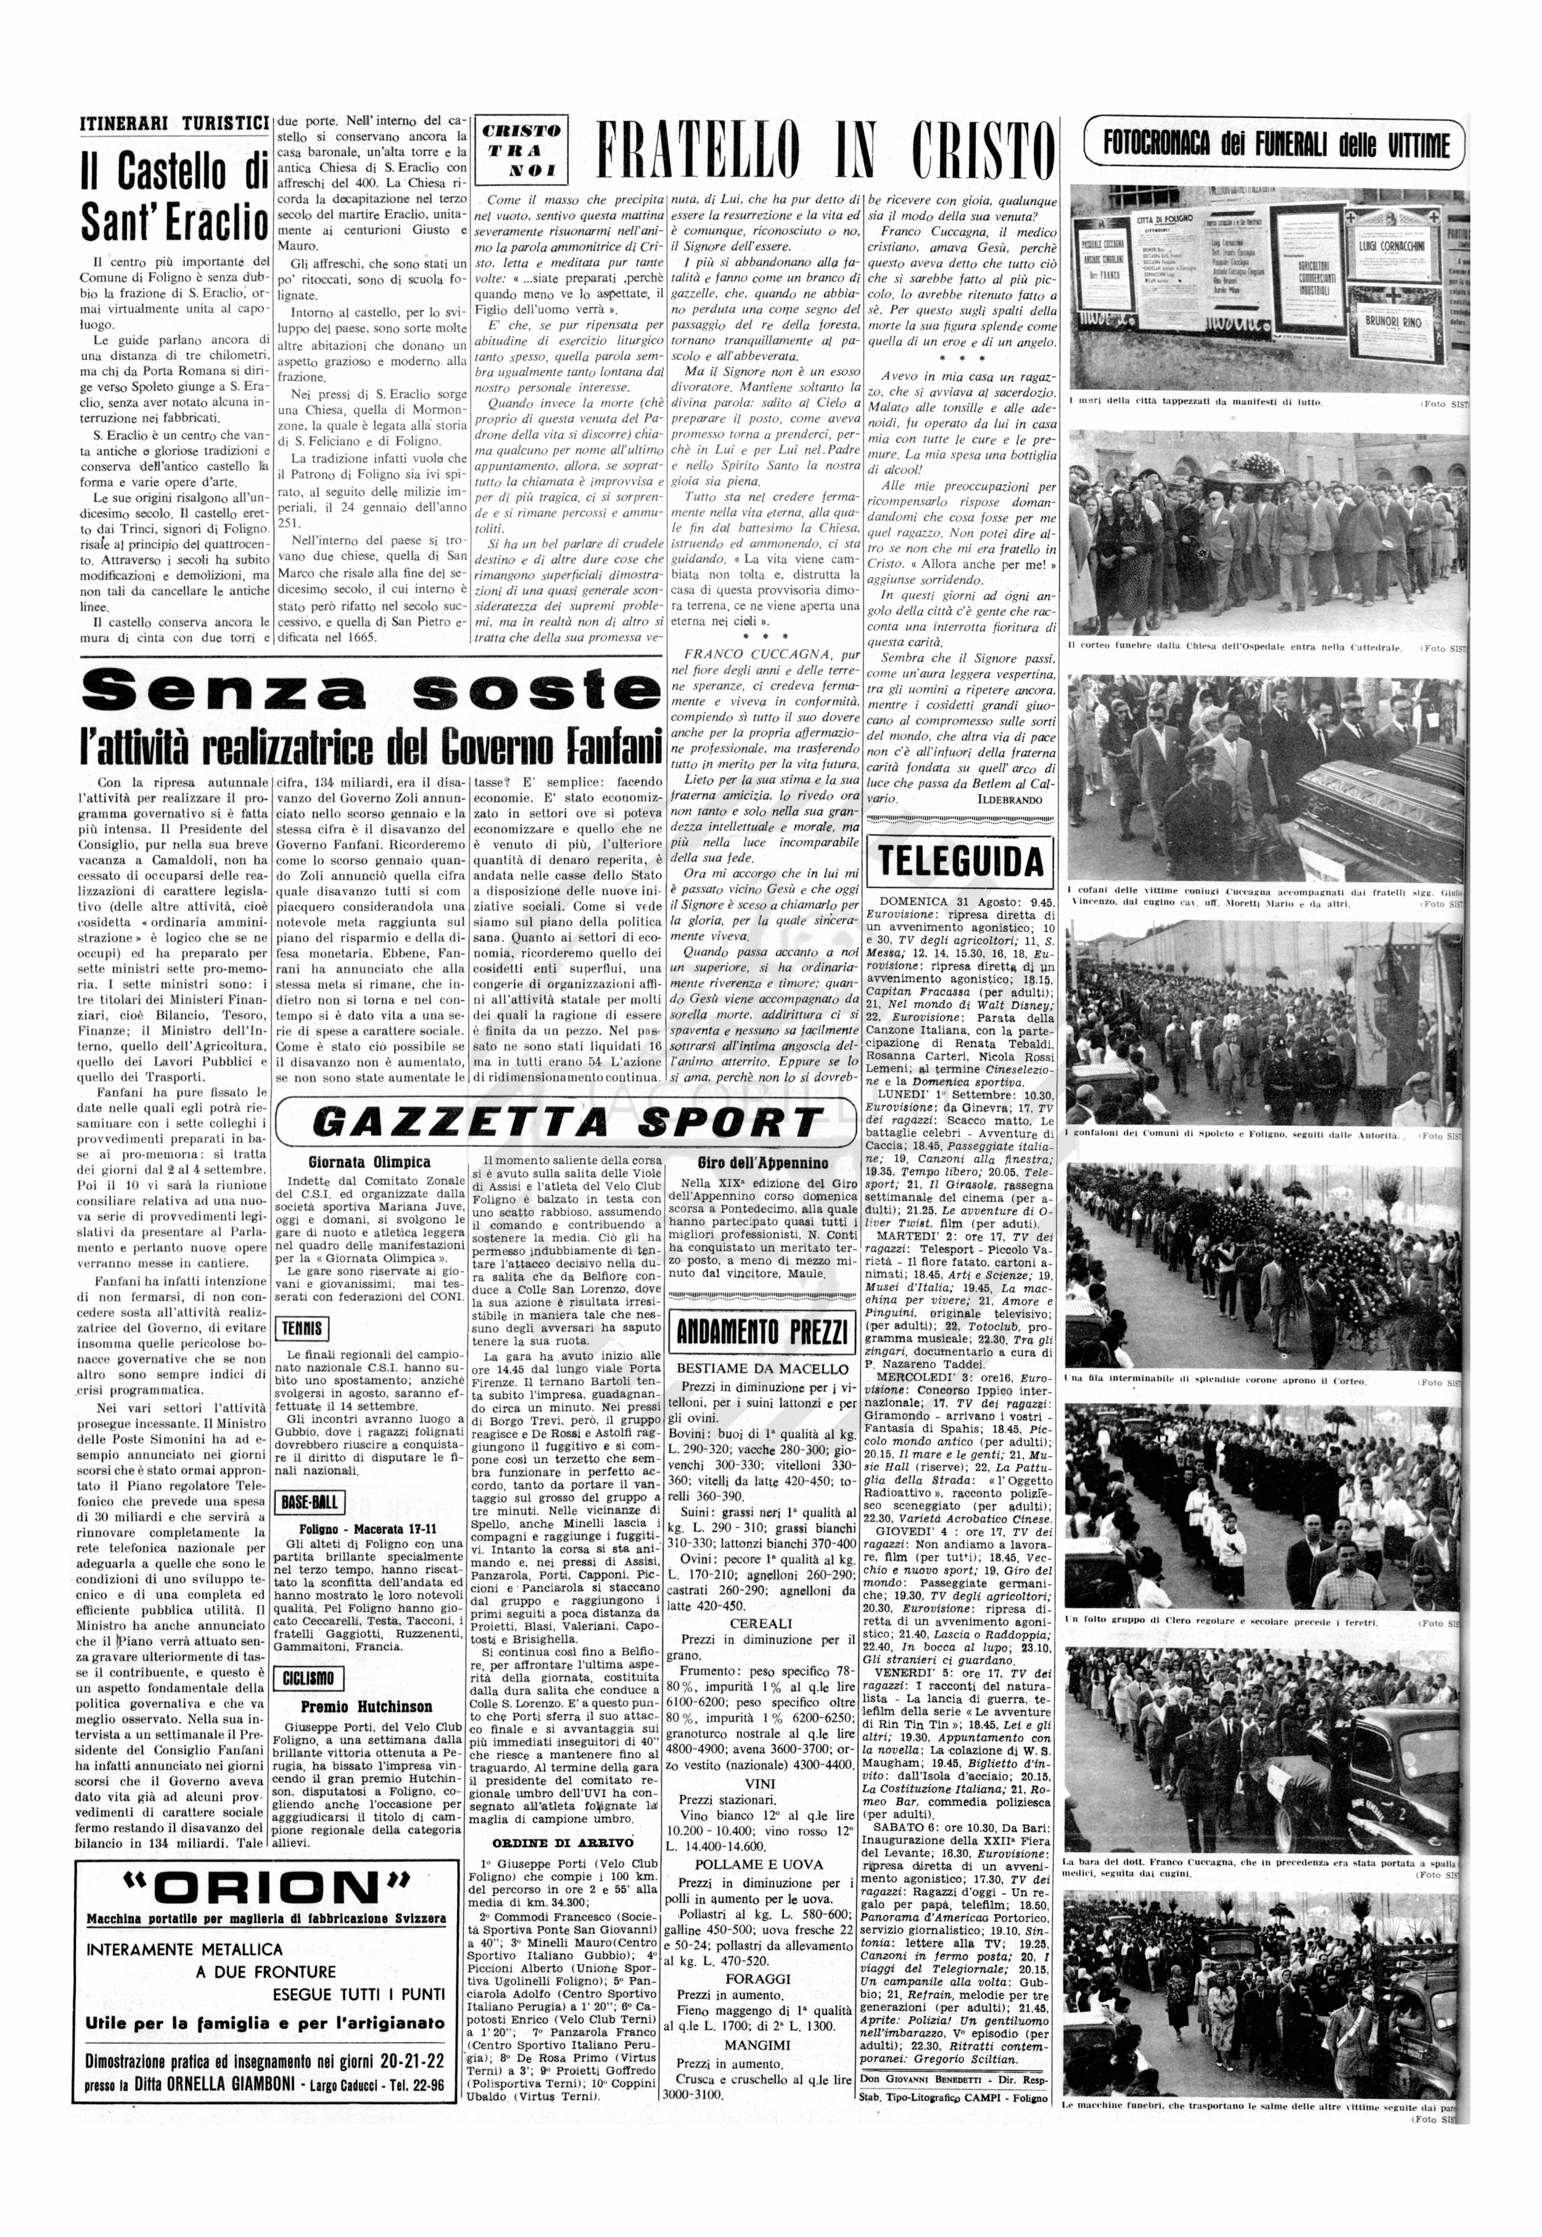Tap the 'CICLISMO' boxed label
(309, 1679)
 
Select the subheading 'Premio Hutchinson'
(366, 1706)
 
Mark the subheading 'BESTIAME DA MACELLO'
(762, 1368)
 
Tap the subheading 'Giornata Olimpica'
(369, 1162)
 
